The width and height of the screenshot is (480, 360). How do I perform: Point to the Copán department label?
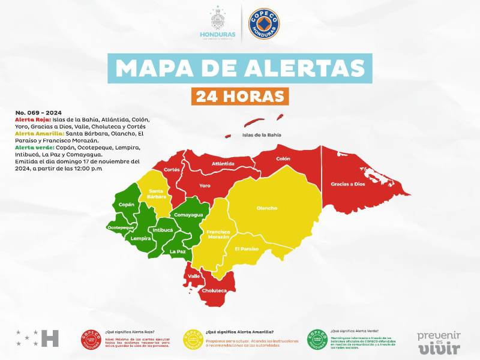click(x=127, y=205)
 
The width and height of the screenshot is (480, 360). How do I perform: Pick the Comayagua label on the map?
click(x=188, y=214)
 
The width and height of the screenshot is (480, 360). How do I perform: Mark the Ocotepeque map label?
click(x=120, y=228)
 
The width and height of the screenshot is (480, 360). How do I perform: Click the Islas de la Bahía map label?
click(x=262, y=135)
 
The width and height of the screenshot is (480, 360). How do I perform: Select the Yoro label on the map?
click(x=205, y=185)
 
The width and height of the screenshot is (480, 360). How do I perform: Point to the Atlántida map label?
click(x=223, y=163)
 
